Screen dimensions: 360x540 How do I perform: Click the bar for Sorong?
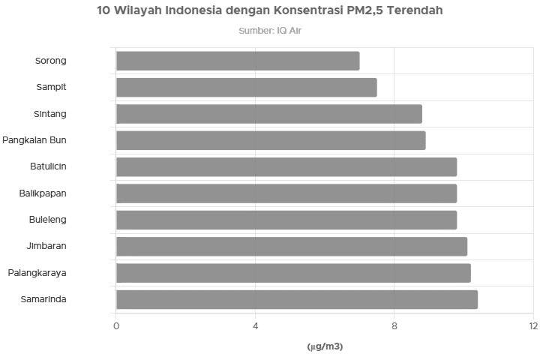tap(238, 61)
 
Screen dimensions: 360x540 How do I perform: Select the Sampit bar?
tap(247, 88)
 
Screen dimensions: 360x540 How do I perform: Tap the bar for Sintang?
tap(269, 114)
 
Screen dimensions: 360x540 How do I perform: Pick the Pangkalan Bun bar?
tap(271, 140)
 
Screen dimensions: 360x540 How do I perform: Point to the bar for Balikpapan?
tap(286, 193)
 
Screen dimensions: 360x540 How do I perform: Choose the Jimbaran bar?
tap(292, 246)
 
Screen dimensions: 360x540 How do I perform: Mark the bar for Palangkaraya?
tap(293, 273)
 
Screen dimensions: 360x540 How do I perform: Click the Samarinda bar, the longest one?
tap(297, 299)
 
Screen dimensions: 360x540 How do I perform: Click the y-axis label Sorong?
tap(51, 61)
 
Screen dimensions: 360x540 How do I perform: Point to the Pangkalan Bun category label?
tap(34, 140)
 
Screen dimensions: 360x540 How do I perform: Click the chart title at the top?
tap(270, 11)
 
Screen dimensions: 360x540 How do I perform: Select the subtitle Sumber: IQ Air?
tap(270, 31)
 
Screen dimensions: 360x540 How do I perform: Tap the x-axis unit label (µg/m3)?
tap(325, 346)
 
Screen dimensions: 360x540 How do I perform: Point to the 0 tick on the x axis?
tap(116, 326)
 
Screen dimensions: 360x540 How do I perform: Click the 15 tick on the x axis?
tap(532, 326)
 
